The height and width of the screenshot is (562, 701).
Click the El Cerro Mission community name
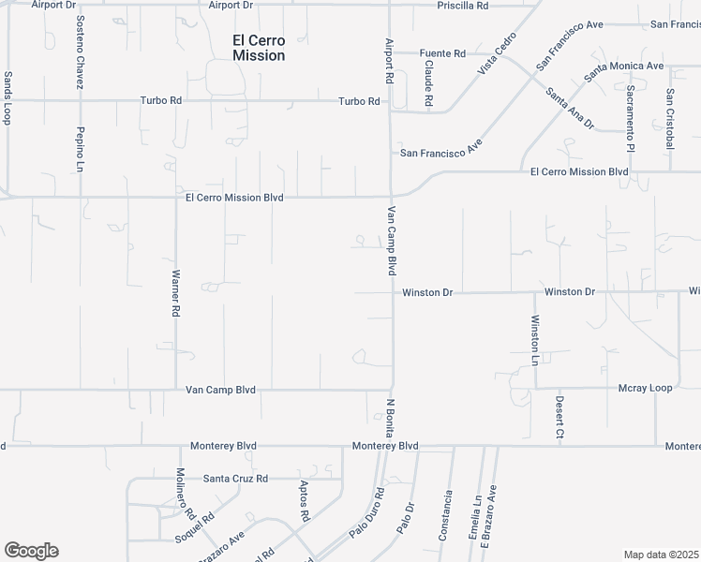coord(259,48)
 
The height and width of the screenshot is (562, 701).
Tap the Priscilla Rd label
coord(463,6)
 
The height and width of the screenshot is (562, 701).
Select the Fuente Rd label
coord(442,53)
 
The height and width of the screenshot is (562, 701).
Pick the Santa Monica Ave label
coord(623,67)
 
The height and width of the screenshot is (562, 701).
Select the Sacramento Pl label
coord(631,118)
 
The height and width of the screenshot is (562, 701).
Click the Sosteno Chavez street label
coord(81,52)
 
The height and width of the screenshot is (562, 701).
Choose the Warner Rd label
coord(174,295)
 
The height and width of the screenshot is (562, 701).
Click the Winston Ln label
coord(535,339)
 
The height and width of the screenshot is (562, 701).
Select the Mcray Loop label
coord(646,388)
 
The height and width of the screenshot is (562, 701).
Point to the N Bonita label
coord(389,419)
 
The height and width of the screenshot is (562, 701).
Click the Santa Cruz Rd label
coord(236,479)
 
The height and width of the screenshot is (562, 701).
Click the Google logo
coord(31,551)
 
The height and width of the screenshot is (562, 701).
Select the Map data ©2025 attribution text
coord(661,555)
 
